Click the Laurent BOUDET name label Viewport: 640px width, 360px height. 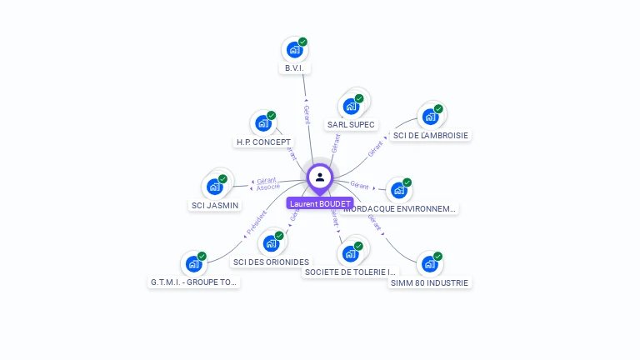click(319, 203)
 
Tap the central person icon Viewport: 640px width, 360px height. click(320, 177)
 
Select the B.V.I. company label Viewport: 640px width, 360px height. click(295, 68)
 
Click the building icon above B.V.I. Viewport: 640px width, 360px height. click(294, 50)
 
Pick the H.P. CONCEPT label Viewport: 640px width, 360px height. click(263, 142)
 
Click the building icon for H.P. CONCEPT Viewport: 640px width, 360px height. click(263, 123)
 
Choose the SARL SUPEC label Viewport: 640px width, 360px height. click(351, 125)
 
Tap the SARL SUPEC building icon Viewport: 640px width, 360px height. click(351, 106)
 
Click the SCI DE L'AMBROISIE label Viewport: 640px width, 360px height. click(431, 135)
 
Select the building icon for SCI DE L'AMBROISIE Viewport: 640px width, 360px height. click(430, 116)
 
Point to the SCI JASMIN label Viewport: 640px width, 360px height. click(215, 205)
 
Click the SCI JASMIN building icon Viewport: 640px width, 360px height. click(214, 186)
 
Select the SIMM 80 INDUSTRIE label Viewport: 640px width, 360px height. click(430, 282)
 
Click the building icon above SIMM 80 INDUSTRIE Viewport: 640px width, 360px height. click(429, 264)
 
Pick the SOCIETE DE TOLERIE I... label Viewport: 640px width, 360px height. click(350, 272)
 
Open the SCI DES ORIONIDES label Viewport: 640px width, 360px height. click(271, 262)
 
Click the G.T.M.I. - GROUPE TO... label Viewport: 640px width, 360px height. click(194, 282)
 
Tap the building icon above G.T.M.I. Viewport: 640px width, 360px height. click(193, 264)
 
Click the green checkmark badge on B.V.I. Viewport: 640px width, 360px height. click(302, 42)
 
